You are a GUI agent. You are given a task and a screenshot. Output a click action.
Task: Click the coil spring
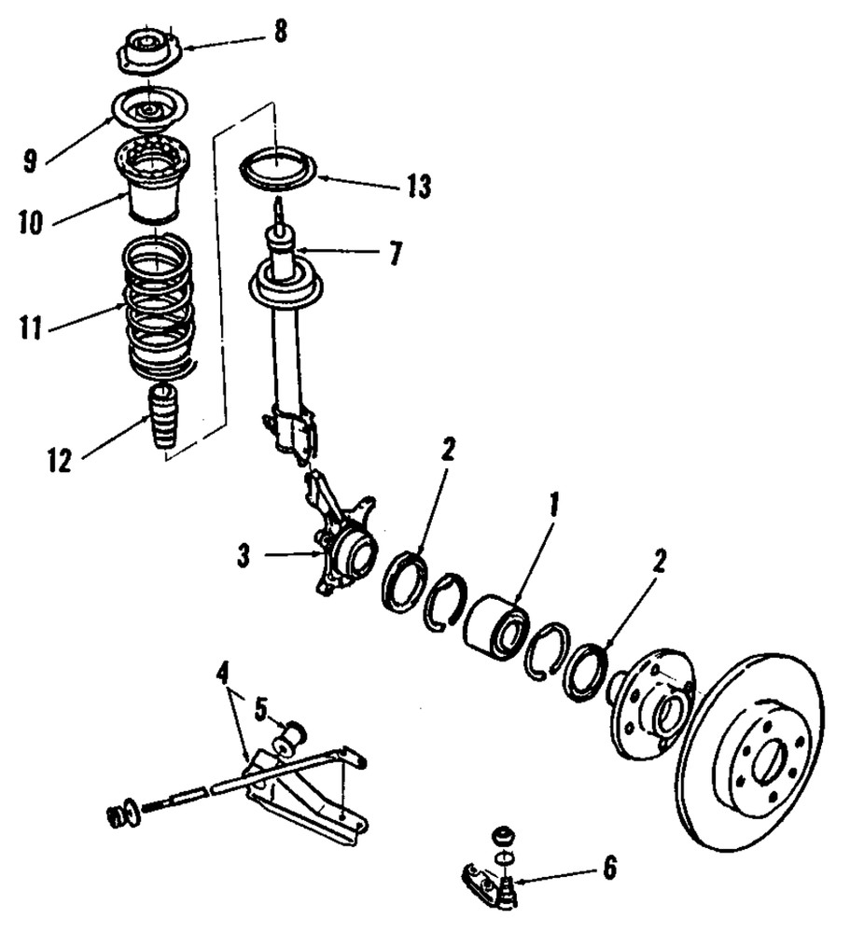point(160,308)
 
